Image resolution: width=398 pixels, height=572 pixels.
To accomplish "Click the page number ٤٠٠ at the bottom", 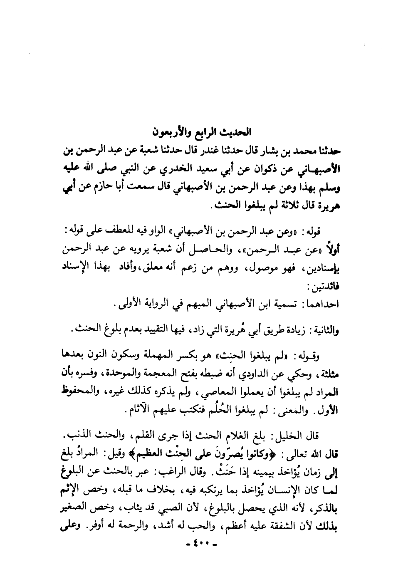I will (x=199, y=543).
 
